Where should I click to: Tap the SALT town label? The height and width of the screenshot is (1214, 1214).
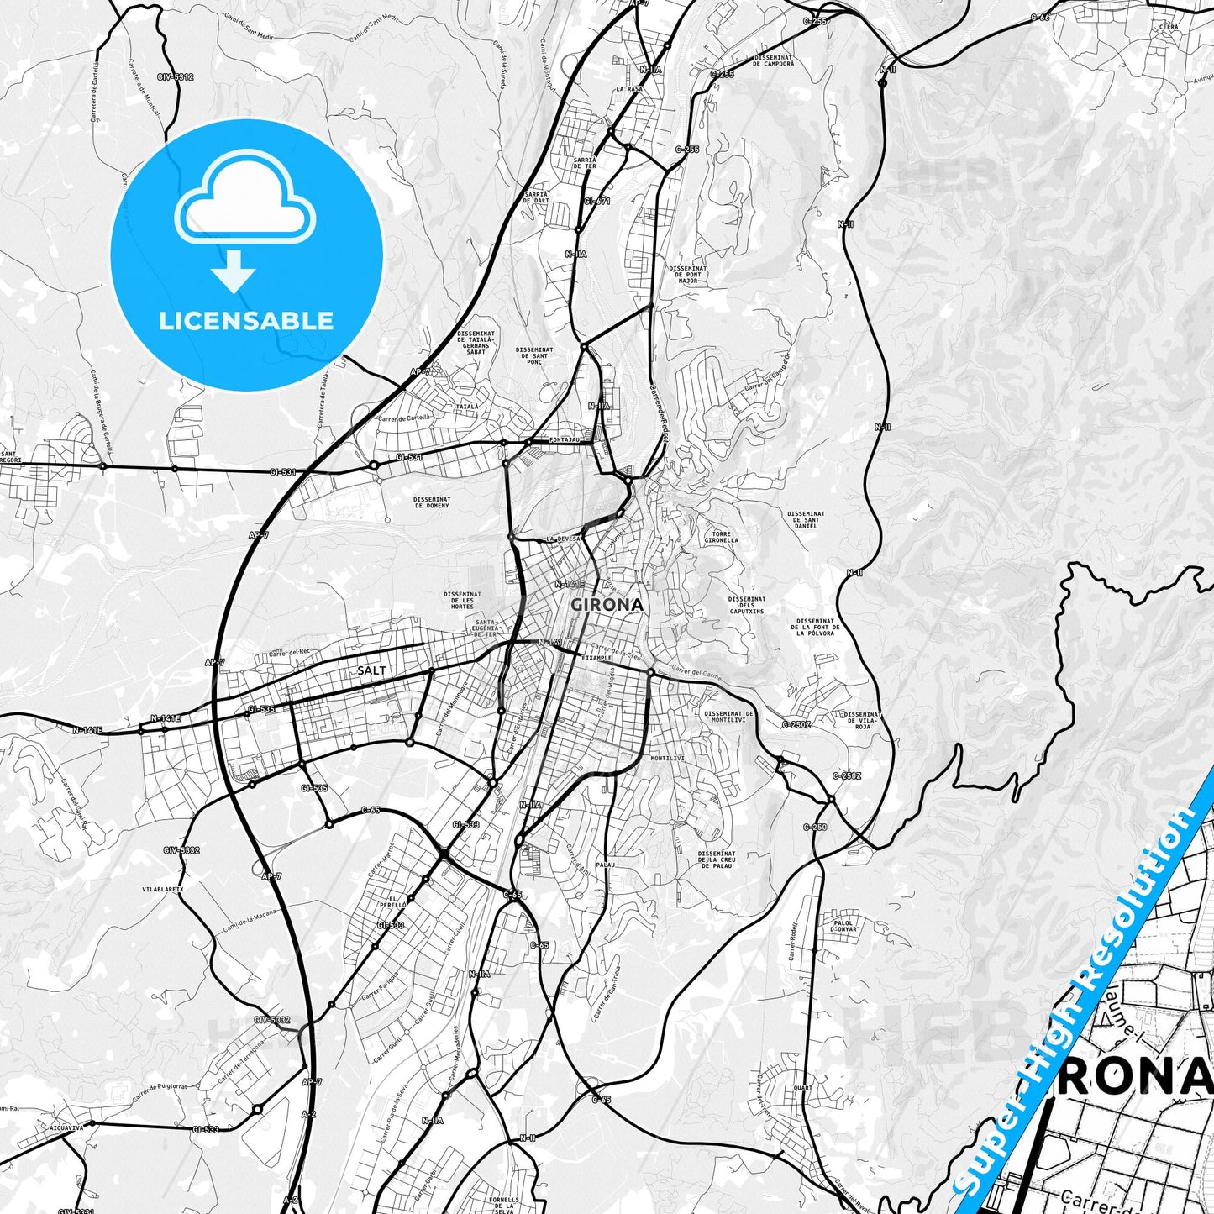[372, 670]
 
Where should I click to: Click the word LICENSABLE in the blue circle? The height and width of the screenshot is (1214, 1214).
[246, 321]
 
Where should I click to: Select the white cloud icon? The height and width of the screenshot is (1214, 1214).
[244, 195]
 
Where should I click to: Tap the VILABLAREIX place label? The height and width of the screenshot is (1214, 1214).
[163, 887]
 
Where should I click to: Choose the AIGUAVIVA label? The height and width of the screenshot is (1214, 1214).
[68, 1127]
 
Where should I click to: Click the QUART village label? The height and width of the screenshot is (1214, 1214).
[802, 1087]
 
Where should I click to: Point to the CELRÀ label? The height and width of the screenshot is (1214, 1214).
[1169, 27]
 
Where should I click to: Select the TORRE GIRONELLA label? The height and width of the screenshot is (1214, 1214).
[722, 537]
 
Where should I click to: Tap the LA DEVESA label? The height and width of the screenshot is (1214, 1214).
[562, 539]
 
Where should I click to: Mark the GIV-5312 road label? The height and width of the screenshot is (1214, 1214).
[175, 77]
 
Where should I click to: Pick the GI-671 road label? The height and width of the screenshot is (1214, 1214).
[597, 201]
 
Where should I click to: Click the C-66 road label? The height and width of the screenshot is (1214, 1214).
[1040, 17]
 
